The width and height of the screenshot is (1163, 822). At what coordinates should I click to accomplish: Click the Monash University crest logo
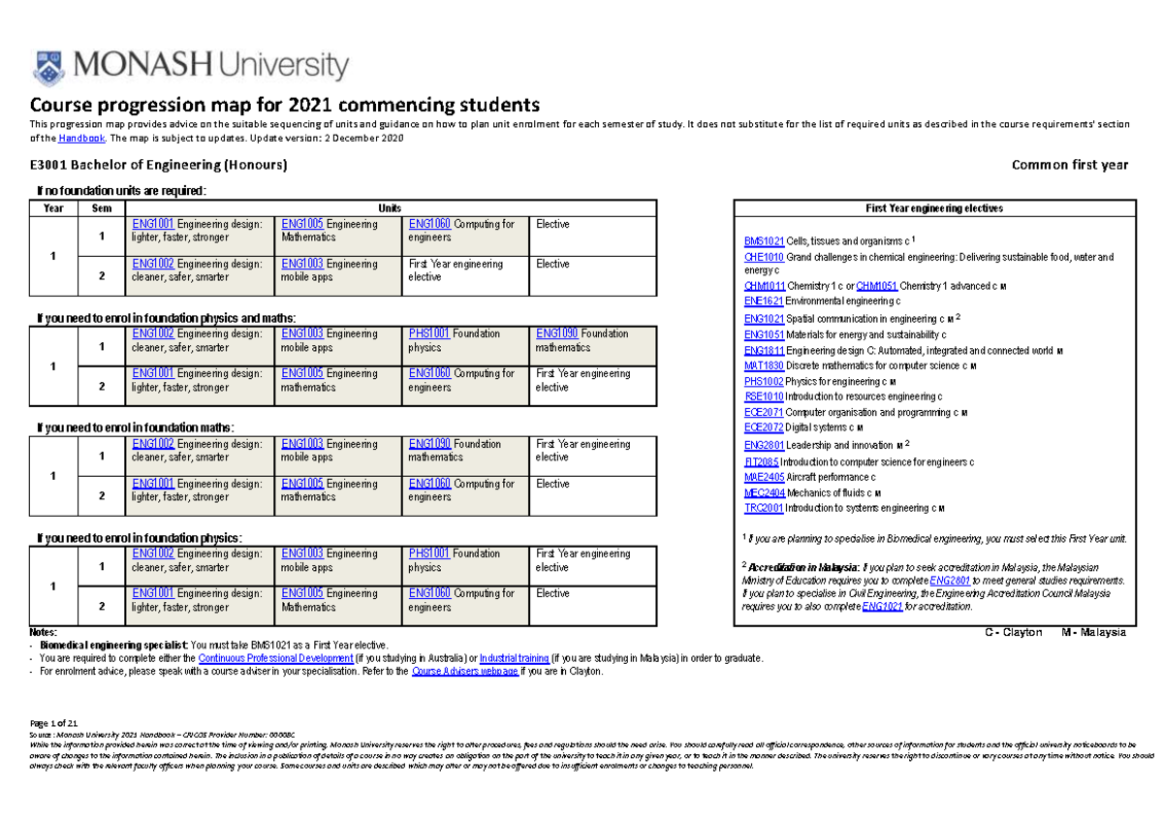click(48, 67)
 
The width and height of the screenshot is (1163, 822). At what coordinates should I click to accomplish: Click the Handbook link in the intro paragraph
click(76, 139)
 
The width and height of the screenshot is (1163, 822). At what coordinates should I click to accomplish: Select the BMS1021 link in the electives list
click(764, 241)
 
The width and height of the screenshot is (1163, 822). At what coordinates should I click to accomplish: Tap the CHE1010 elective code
click(764, 257)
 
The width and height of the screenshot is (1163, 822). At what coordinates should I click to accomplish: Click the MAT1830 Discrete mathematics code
click(764, 365)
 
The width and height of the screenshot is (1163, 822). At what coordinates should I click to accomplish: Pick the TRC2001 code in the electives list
click(764, 508)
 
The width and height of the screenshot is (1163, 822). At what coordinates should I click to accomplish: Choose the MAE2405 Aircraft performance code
click(764, 477)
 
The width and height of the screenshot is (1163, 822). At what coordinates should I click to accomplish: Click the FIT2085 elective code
click(763, 461)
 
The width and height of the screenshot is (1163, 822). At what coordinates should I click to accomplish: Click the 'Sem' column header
click(101, 208)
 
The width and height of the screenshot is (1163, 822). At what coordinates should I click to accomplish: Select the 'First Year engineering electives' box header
click(933, 208)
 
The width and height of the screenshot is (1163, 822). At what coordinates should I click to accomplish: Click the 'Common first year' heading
click(1069, 165)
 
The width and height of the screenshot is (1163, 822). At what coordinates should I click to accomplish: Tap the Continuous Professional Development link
click(270, 657)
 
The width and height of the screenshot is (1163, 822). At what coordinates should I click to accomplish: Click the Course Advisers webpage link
click(464, 671)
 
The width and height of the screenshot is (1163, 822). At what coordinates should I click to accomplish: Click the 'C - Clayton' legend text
click(1013, 632)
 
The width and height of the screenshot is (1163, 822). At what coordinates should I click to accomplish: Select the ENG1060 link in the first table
click(429, 224)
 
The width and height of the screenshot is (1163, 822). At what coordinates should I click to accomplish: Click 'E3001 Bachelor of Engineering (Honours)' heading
click(160, 165)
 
